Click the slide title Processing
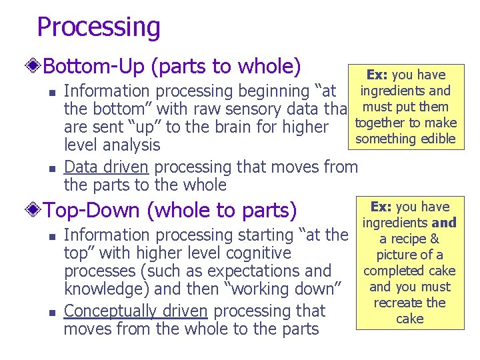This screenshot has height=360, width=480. point(99,27)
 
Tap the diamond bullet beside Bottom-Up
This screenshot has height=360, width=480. point(34,67)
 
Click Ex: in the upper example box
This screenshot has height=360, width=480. point(377,75)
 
